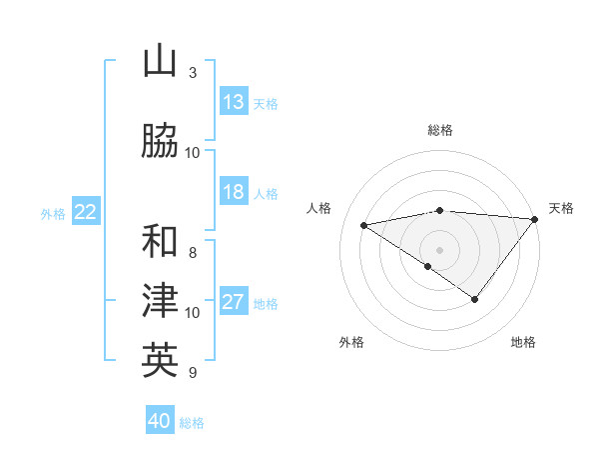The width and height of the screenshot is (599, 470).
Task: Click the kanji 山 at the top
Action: click(160, 62)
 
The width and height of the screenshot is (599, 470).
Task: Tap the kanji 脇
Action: click(160, 142)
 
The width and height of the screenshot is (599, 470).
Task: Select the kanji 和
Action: click(160, 242)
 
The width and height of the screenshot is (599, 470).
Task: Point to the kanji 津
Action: click(160, 301)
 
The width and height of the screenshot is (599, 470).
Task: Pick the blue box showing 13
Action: click(234, 102)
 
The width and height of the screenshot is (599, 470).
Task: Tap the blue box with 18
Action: click(234, 192)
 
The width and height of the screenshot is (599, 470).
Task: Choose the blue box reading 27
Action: click(234, 302)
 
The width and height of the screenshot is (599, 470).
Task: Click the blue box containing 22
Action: click(86, 212)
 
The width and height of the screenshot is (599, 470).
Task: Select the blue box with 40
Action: click(160, 421)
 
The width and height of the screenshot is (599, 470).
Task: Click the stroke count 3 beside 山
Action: click(192, 73)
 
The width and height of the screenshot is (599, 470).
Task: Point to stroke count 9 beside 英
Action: click(192, 373)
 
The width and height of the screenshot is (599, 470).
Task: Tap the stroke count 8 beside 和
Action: click(192, 253)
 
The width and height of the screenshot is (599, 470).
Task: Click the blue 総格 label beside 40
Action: click(192, 423)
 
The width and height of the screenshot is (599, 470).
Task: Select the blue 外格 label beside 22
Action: click(53, 213)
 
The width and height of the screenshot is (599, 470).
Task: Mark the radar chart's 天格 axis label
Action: click(561, 208)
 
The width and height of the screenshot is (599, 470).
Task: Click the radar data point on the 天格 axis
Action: click(536, 218)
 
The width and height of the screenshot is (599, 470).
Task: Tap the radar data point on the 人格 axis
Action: click(364, 224)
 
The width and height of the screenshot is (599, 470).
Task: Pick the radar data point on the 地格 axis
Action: click(475, 299)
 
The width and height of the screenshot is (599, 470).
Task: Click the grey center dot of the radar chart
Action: click(439, 249)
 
